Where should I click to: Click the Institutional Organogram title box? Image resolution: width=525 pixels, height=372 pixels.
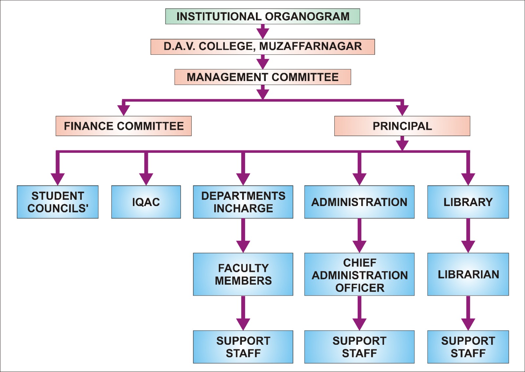(x=262, y=16)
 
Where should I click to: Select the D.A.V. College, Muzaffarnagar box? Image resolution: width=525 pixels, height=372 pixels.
(x=262, y=47)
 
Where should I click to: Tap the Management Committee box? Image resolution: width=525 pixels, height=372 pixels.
(x=262, y=77)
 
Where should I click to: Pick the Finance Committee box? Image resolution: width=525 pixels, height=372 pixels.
(x=123, y=126)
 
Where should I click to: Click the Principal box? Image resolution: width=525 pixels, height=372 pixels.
(x=402, y=126)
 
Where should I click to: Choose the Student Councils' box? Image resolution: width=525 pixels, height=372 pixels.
(x=58, y=202)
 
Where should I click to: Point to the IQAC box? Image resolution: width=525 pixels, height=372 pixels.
(x=146, y=202)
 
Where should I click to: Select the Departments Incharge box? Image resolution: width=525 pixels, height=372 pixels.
(x=243, y=202)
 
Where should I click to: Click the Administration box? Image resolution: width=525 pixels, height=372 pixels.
(x=359, y=202)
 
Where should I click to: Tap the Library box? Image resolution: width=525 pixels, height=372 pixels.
(x=468, y=202)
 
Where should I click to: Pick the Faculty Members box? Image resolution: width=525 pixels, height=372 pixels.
(x=243, y=274)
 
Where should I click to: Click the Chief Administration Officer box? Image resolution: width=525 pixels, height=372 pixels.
(x=359, y=274)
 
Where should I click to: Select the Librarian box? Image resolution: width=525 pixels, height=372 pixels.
(x=468, y=274)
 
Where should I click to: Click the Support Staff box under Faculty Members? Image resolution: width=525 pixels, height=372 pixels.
(x=243, y=347)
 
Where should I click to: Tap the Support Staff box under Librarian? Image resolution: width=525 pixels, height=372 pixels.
(x=468, y=347)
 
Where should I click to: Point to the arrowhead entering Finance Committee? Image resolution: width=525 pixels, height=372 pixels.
(x=123, y=110)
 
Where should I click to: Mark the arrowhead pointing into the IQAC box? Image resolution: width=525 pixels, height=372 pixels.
(x=146, y=179)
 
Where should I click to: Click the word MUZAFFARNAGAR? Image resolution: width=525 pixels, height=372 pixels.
(x=310, y=47)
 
